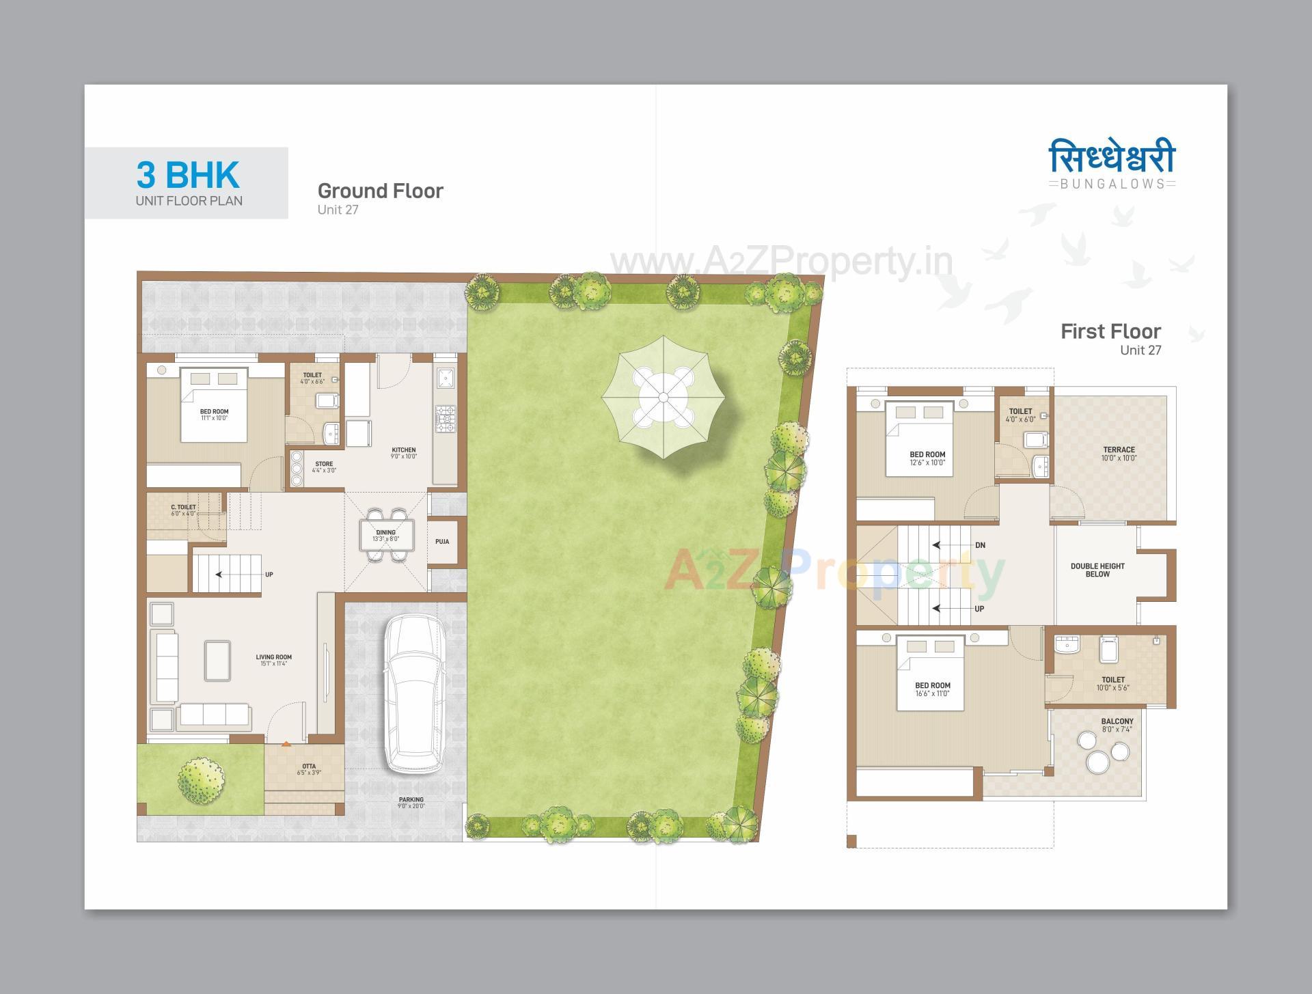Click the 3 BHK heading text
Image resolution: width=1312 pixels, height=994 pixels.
coord(188,176)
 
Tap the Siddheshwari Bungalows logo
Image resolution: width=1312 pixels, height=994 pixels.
coord(1112,165)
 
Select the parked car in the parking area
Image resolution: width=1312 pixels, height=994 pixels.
coord(413,693)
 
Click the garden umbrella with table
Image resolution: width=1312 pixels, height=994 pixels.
coord(662,398)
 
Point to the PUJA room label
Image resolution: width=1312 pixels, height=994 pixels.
coord(442,542)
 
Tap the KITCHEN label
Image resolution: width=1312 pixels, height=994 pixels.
coord(403,450)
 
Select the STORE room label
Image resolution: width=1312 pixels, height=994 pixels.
coord(324,465)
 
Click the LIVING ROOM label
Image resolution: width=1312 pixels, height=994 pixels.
coord(273,657)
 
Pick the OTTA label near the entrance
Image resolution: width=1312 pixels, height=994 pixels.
coord(309,767)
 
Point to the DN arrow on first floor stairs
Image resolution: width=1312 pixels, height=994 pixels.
coord(980,545)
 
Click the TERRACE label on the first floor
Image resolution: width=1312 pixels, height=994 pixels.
coord(1119,450)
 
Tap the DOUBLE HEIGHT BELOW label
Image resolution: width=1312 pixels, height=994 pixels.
coord(1097,570)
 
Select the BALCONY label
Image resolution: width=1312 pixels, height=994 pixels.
coord(1117,721)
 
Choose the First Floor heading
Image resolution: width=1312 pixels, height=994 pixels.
coord(1110,331)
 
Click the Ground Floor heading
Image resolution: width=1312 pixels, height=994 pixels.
coord(380,191)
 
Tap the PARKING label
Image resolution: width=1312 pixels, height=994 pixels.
coord(411,799)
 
